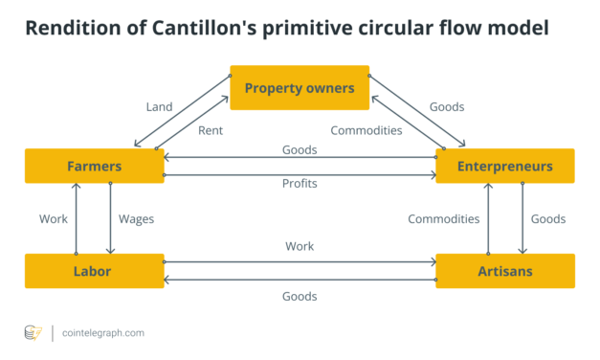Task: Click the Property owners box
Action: point(299,88)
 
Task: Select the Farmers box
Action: point(94,166)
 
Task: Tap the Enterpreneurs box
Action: point(504,166)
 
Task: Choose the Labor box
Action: point(94,271)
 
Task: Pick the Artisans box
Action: point(504,271)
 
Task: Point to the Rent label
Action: point(211,130)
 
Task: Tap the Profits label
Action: point(300,183)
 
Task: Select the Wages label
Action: point(136,218)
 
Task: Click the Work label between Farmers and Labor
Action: point(54,218)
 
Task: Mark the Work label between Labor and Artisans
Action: point(300,246)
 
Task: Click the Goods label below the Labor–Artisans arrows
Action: point(300,297)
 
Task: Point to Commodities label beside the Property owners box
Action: point(366,130)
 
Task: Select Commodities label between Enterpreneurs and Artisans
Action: point(443,218)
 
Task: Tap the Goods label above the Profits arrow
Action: point(300,150)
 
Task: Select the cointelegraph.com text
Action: point(104,332)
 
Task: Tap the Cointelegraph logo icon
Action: point(33,332)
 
